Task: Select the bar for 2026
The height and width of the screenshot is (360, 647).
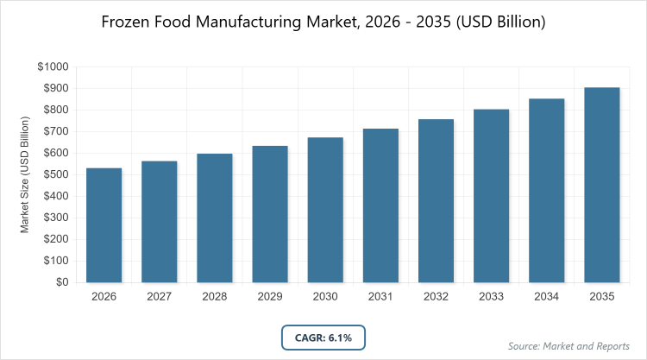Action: click(x=104, y=225)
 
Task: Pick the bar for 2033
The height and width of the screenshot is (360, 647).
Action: click(x=491, y=196)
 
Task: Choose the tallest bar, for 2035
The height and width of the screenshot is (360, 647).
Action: click(x=601, y=185)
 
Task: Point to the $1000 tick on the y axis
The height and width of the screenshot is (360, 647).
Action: click(x=53, y=67)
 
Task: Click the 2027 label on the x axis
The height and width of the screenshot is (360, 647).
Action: click(x=159, y=296)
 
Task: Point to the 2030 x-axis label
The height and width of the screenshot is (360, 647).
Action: click(x=325, y=296)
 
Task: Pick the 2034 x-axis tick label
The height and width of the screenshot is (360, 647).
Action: click(x=546, y=296)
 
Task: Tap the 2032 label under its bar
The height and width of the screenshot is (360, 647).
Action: click(x=436, y=296)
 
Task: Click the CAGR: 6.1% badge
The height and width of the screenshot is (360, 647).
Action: click(x=323, y=338)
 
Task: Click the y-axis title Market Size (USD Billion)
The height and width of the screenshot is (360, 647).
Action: click(x=26, y=174)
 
